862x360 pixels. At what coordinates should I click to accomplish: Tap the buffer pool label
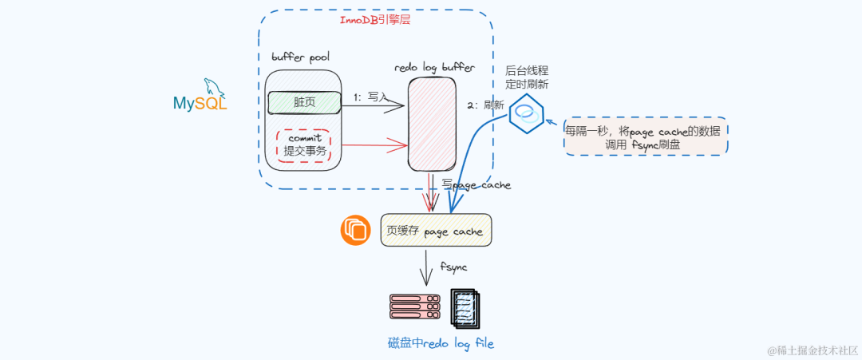pyautogui.click(x=300, y=57)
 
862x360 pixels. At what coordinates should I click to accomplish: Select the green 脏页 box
pyautogui.click(x=304, y=102)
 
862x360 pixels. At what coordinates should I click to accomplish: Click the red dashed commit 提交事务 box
pyautogui.click(x=304, y=145)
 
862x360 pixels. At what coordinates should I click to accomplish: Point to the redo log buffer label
pyautogui.click(x=434, y=69)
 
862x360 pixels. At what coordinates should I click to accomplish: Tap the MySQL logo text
pyautogui.click(x=200, y=103)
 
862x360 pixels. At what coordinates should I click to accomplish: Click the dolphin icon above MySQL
pyautogui.click(x=212, y=86)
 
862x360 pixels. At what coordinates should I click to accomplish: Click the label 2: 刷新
pyautogui.click(x=485, y=105)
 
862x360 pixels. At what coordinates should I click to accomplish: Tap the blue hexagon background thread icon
pyautogui.click(x=527, y=113)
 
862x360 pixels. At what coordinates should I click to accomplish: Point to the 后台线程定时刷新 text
pyautogui.click(x=527, y=77)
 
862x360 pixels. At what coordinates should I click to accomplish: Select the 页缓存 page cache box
pyautogui.click(x=436, y=231)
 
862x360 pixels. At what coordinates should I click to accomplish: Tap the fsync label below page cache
pyautogui.click(x=453, y=266)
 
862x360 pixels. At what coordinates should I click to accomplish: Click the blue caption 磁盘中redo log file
pyautogui.click(x=441, y=343)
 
